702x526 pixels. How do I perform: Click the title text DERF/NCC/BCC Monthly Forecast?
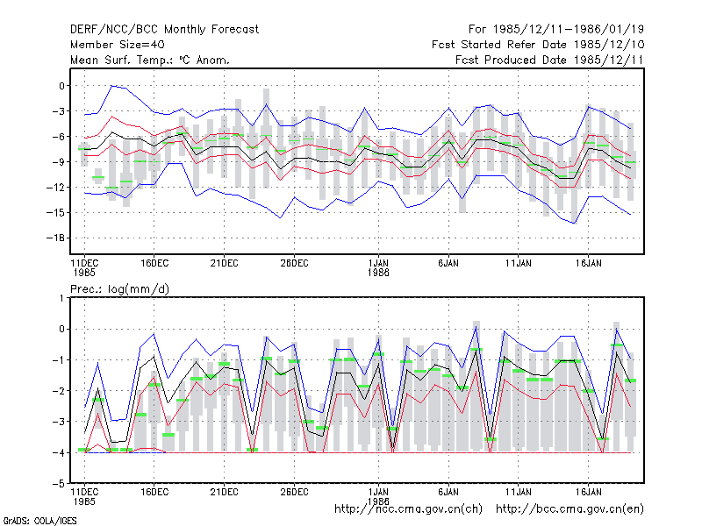coord(164,30)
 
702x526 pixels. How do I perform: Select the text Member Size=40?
coord(118,45)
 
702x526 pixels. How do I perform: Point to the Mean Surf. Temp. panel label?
coord(150,60)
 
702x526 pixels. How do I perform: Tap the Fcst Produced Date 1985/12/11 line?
coord(549,60)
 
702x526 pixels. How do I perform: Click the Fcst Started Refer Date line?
coord(538,45)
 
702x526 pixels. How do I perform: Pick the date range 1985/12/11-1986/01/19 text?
coord(569,30)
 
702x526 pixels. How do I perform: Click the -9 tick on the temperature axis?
coord(59,162)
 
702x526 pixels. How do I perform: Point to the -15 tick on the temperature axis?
coord(55,213)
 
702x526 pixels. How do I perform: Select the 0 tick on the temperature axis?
coord(61,86)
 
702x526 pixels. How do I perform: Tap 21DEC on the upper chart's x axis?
coord(225,264)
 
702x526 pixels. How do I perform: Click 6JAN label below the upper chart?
coord(448,264)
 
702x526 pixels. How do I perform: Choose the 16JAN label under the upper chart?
coord(588,264)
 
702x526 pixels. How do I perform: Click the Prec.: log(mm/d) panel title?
coord(119,289)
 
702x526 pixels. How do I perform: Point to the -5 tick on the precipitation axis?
coord(59,484)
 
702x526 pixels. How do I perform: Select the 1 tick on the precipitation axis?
coord(61,298)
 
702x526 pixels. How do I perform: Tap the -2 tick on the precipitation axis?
coord(59,391)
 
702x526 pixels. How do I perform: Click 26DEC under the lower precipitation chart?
coord(294,492)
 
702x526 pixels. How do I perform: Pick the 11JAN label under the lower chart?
coord(519,492)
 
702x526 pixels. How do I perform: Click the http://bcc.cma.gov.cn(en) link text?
coord(569,509)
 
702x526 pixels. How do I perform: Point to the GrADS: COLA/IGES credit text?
coord(40,521)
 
